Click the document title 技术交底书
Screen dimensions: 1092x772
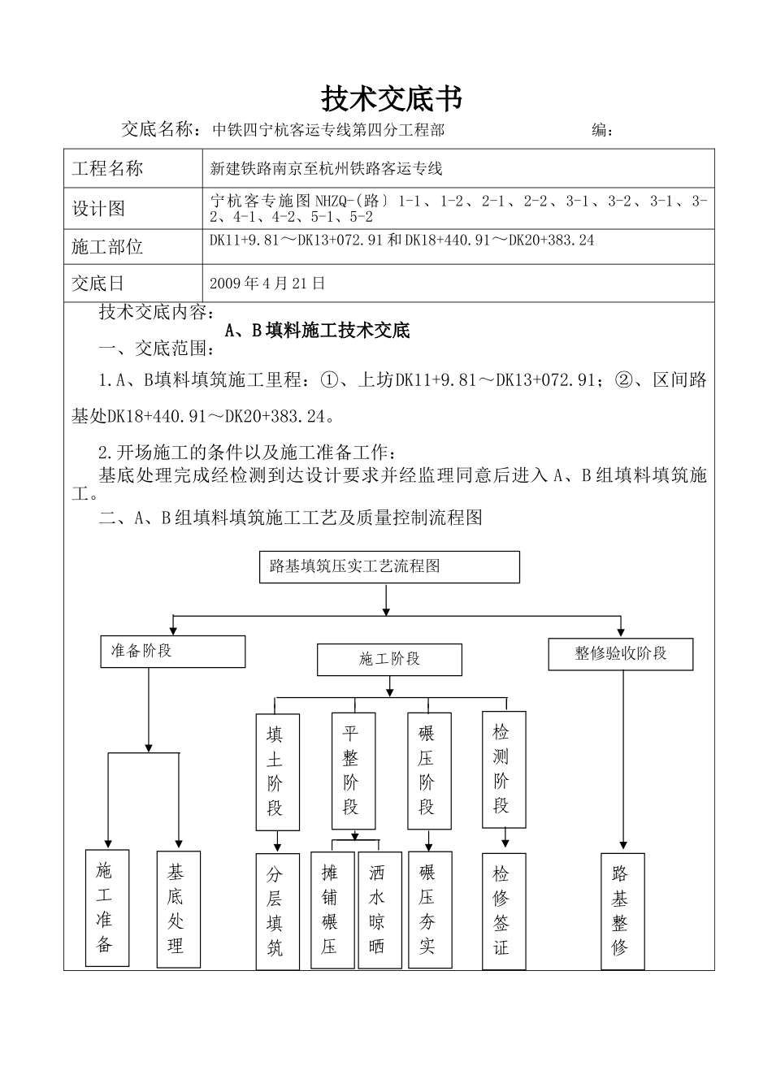(393, 98)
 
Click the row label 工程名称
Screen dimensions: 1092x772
(107, 169)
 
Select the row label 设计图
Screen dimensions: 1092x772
(98, 209)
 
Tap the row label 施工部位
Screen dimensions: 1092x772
(107, 247)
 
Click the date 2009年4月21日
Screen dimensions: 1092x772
(267, 284)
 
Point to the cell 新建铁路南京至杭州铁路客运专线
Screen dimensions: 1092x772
(326, 169)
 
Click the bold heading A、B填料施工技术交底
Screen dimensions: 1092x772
(317, 331)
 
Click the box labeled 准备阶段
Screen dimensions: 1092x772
(173, 652)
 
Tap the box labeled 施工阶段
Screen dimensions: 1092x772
(389, 659)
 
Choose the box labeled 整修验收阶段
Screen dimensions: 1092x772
(621, 654)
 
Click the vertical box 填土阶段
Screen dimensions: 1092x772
(277, 772)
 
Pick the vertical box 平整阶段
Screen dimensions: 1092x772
(353, 770)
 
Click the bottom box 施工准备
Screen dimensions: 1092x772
(107, 908)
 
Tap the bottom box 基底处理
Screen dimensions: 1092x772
(178, 908)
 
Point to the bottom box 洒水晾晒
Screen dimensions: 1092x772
(379, 910)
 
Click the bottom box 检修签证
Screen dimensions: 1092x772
(504, 911)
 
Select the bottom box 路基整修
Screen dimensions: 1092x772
(622, 911)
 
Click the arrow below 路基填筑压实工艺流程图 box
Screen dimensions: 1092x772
(386, 599)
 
